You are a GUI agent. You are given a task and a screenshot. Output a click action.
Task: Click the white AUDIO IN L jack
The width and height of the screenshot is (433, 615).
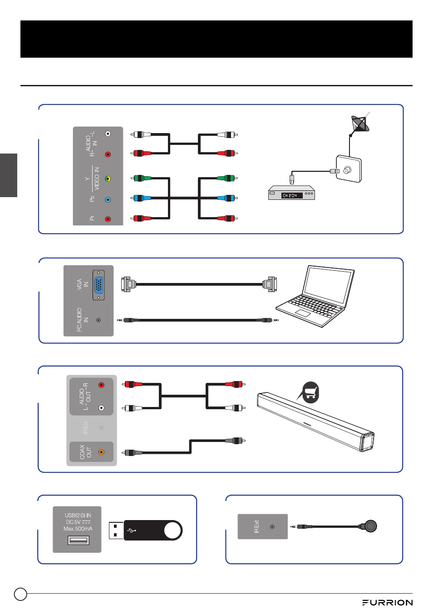(x=108, y=134)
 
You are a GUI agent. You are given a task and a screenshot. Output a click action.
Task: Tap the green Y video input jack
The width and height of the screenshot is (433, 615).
(x=108, y=179)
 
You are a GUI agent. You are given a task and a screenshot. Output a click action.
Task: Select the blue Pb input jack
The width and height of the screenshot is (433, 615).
(x=108, y=199)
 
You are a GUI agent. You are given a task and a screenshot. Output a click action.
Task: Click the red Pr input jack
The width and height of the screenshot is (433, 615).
(x=108, y=219)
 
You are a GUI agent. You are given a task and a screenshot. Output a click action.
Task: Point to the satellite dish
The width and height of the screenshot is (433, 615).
(x=359, y=124)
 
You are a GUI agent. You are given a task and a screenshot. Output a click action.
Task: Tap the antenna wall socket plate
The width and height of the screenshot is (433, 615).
(x=349, y=169)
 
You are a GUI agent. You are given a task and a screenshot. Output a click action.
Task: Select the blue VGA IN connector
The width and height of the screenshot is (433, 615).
(x=98, y=286)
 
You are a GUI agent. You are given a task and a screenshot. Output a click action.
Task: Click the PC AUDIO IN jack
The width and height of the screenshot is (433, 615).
(x=98, y=320)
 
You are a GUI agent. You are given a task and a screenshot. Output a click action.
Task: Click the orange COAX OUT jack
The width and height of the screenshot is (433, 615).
(x=101, y=452)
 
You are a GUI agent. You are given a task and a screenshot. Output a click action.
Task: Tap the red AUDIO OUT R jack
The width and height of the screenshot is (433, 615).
(x=101, y=385)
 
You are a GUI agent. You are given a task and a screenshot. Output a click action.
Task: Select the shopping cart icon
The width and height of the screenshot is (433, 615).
(x=310, y=392)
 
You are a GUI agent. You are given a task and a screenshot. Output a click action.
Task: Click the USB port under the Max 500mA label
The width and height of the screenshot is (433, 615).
(x=78, y=540)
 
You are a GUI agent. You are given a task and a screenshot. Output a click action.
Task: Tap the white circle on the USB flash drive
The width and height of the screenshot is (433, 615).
(x=172, y=531)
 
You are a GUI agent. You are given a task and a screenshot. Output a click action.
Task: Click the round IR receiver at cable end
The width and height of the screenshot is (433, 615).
(x=371, y=526)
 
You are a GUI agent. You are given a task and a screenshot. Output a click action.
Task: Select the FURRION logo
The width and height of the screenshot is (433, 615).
(x=387, y=603)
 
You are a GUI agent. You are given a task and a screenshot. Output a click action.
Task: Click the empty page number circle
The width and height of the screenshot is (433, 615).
(x=20, y=594)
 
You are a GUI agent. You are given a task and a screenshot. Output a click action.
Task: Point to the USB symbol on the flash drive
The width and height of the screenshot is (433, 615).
(x=132, y=530)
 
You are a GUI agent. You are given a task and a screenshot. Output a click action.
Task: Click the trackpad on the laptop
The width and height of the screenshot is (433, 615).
(x=303, y=313)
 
